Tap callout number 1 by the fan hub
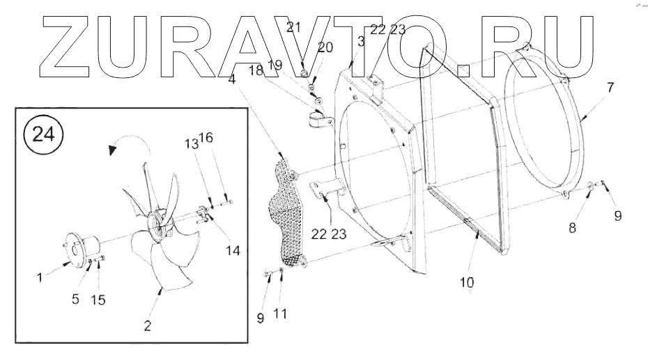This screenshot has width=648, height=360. [x=40, y=276]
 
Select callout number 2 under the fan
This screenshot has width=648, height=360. [x=148, y=324]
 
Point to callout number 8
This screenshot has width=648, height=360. [x=573, y=227]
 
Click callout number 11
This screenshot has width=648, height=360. [x=280, y=314]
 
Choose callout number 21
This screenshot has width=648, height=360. [x=293, y=27]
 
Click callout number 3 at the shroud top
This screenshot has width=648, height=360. [x=361, y=42]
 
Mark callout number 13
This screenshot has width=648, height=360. [x=191, y=143]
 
